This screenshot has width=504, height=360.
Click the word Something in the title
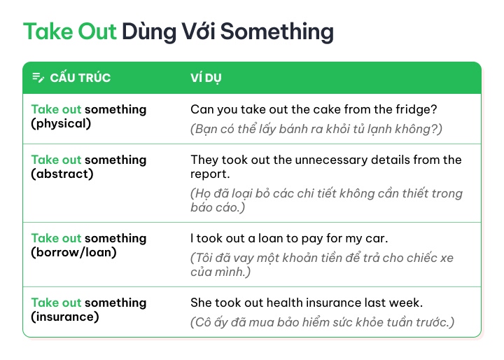[x=277, y=32]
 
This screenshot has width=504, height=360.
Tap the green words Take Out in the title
[x=70, y=32]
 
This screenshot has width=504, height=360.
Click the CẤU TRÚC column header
[x=80, y=78]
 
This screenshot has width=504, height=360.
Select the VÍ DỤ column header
[x=206, y=78]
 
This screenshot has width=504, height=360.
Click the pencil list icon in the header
[x=38, y=78]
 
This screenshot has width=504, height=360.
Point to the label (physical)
[x=61, y=123]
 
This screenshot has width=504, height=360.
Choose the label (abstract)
[x=62, y=174]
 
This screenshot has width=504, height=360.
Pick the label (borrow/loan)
[x=74, y=253]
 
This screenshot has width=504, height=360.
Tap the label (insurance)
[x=65, y=317]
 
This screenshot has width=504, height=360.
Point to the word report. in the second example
[x=210, y=174]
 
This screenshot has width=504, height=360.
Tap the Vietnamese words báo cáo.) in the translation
[x=218, y=207]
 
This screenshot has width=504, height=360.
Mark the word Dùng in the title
[x=149, y=32]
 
